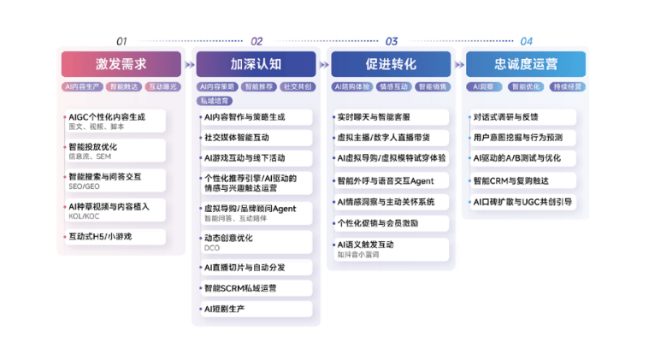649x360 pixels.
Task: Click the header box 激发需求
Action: (x=121, y=64)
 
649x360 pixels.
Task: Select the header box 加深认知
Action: (x=256, y=64)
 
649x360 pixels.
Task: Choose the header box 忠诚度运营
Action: (x=526, y=64)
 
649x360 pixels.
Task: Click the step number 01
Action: (x=121, y=41)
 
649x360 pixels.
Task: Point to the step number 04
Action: (x=526, y=41)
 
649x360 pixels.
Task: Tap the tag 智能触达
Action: (x=123, y=86)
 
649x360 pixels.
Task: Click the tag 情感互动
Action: (x=392, y=86)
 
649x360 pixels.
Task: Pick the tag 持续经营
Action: (x=567, y=86)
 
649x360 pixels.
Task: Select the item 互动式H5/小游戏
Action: (x=100, y=236)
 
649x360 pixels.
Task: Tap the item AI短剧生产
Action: (x=224, y=308)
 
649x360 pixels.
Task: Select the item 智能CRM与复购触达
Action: (x=510, y=180)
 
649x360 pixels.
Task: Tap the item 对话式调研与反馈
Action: (x=505, y=116)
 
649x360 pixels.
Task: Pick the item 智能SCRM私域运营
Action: (x=240, y=287)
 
